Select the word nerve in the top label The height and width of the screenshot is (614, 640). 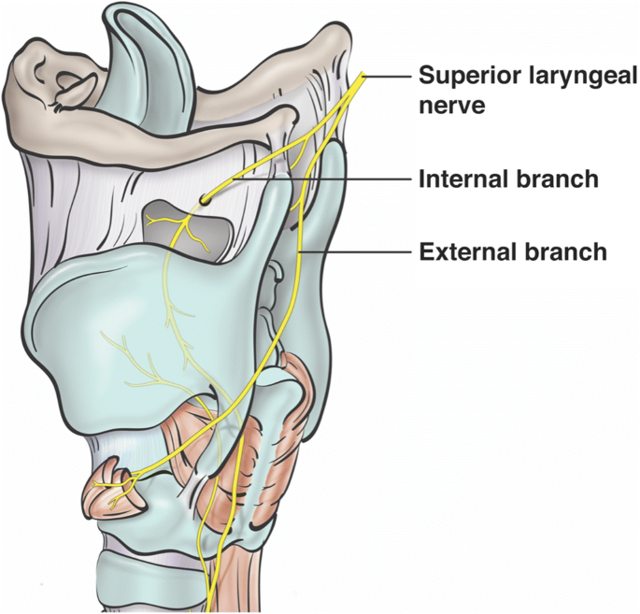pos(451,105)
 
